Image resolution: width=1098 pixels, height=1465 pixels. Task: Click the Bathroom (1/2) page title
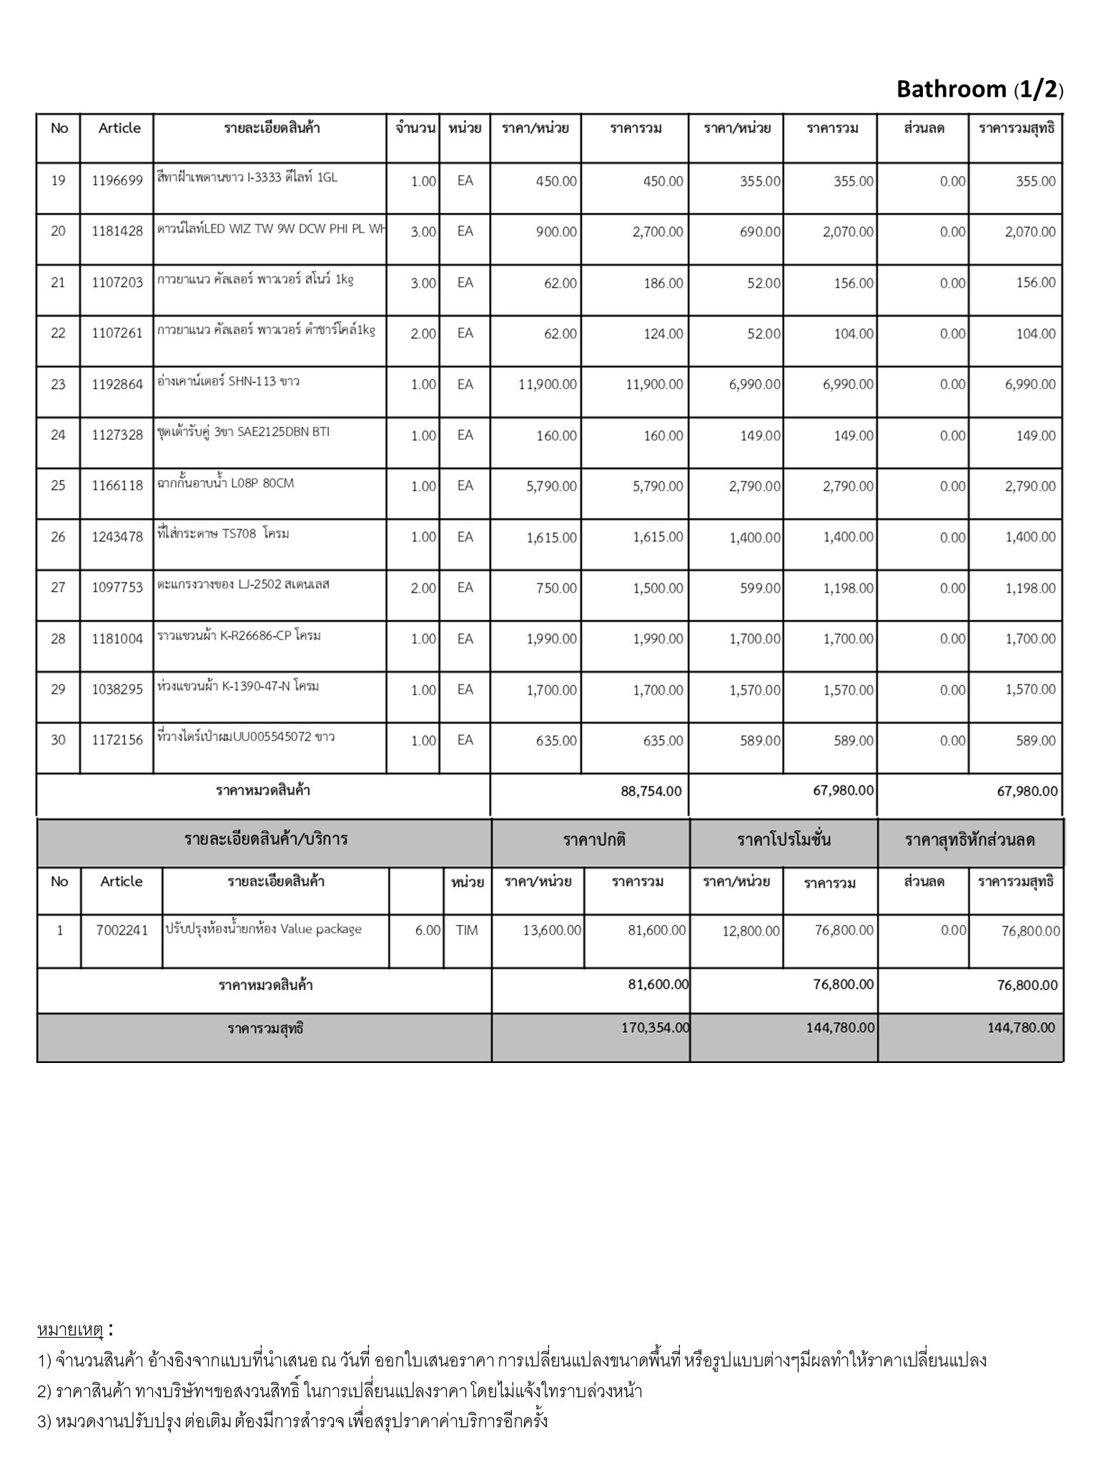tap(979, 89)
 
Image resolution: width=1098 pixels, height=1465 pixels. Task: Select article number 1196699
tap(117, 181)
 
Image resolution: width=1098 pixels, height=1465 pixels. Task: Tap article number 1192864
tap(117, 385)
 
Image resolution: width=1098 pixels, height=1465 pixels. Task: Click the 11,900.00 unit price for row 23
tap(548, 385)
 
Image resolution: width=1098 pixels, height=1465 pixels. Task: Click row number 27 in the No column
tap(58, 588)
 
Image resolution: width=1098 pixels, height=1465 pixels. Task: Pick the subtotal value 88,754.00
tap(651, 791)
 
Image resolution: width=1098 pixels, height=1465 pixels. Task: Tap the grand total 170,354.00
tap(655, 1028)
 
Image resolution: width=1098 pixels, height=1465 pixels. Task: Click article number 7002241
tap(122, 931)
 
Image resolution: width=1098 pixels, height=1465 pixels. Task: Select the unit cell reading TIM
tap(466, 931)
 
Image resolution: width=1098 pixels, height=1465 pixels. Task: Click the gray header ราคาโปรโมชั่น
tap(783, 841)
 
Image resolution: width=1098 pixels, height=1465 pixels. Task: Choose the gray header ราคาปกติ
tap(594, 841)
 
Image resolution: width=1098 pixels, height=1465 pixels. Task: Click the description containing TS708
tap(224, 534)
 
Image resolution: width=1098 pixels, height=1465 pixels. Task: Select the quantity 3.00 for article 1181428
tap(422, 232)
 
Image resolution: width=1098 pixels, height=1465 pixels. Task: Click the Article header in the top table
tap(119, 128)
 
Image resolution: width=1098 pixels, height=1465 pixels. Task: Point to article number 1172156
tap(117, 740)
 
